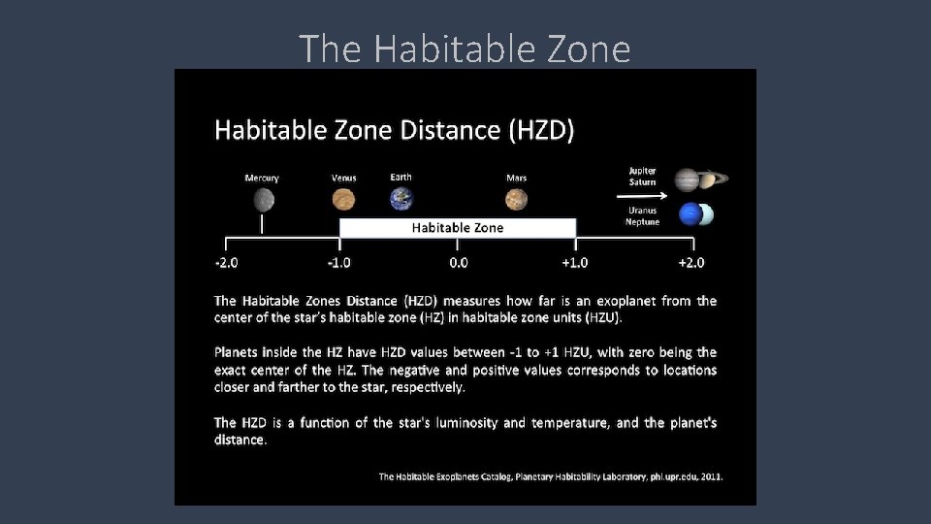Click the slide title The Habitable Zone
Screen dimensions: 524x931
point(465,48)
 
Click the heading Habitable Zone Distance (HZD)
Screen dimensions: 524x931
point(394,129)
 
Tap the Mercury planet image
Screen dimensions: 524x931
point(263,200)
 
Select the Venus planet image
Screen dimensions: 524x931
point(343,200)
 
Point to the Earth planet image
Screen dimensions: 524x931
point(401,199)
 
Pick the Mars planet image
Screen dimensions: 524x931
point(516,200)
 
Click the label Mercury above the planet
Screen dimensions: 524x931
point(262,179)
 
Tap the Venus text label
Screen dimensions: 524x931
point(343,179)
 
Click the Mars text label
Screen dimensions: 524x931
point(516,179)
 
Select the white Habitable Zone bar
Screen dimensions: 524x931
point(458,228)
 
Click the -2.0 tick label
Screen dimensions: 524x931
point(226,263)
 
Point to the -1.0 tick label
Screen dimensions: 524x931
point(338,263)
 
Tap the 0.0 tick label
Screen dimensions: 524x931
point(459,263)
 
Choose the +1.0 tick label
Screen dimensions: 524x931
point(574,263)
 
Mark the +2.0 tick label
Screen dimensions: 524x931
point(690,263)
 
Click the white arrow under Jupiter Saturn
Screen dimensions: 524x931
point(642,193)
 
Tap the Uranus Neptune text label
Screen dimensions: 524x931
point(642,216)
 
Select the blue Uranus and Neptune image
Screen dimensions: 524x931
point(696,213)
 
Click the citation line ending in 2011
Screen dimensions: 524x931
point(550,476)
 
